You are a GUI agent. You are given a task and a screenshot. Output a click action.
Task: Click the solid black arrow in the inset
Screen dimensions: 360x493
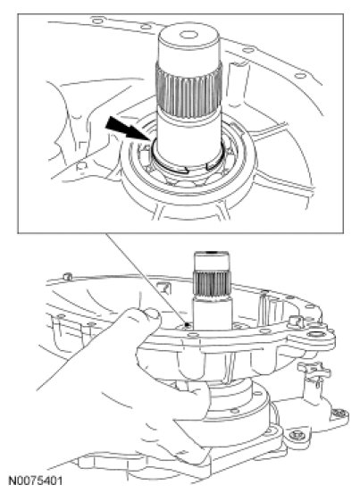(x=128, y=129)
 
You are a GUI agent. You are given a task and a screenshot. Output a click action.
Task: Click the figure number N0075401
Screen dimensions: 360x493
(x=35, y=481)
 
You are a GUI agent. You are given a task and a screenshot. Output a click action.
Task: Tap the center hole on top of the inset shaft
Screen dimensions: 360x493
(x=188, y=34)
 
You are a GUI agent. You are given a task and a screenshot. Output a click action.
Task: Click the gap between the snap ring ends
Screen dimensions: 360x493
(x=197, y=169)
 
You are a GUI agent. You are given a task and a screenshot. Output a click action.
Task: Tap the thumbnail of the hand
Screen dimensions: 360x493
(x=154, y=313)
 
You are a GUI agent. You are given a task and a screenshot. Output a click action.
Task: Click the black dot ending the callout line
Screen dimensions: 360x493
(x=187, y=324)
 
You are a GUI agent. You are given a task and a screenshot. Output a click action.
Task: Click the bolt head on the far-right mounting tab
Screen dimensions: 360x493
(x=339, y=414)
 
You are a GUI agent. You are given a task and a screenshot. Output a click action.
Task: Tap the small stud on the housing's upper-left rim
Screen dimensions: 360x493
(x=67, y=277)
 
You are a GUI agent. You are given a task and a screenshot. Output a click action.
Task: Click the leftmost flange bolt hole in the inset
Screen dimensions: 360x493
(x=97, y=21)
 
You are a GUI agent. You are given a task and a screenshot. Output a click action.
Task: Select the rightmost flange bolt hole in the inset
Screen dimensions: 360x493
(x=300, y=76)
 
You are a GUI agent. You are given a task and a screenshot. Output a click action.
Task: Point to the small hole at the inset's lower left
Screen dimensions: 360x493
(x=81, y=167)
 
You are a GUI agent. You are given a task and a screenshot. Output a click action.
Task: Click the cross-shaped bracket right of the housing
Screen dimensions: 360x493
(x=314, y=368)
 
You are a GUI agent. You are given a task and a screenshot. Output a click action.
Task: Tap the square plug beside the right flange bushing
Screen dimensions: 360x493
(x=296, y=321)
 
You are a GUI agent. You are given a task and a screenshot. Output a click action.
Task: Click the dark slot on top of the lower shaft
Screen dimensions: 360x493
(x=212, y=252)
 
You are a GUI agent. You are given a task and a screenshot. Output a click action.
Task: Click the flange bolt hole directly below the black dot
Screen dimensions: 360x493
(x=192, y=336)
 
